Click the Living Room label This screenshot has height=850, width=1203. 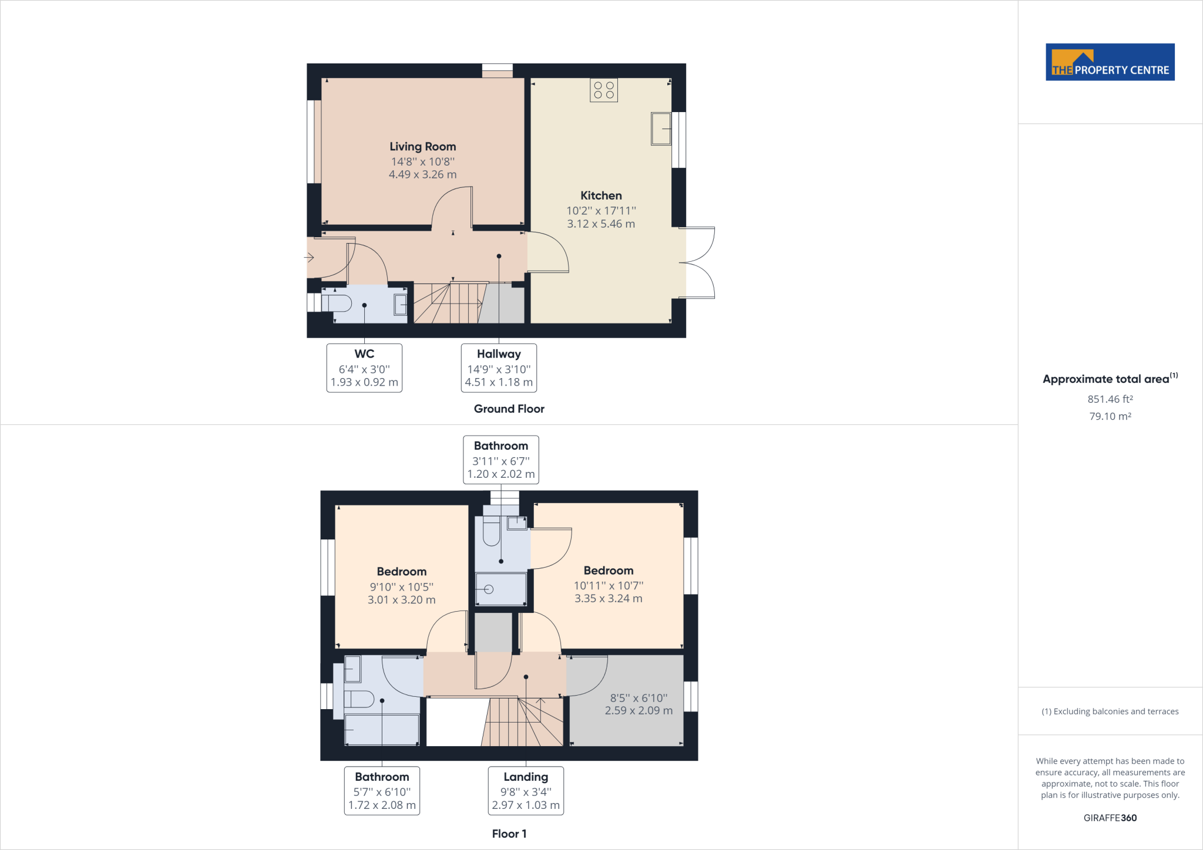click(x=422, y=147)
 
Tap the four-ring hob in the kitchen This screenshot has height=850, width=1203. click(x=604, y=90)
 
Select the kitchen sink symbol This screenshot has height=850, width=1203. click(x=661, y=129)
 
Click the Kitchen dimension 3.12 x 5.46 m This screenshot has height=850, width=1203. click(x=601, y=224)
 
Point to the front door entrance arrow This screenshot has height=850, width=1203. click(x=309, y=257)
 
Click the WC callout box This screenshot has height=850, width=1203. click(x=364, y=368)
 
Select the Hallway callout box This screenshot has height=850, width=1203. click(x=499, y=368)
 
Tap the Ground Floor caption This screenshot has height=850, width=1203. click(x=509, y=409)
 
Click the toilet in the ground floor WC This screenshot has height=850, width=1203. click(x=337, y=303)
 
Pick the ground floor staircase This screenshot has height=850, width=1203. click(x=449, y=303)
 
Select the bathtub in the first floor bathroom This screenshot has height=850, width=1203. click(x=382, y=730)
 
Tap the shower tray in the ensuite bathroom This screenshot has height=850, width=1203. click(x=500, y=589)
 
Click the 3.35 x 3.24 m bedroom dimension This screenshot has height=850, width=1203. click(x=608, y=599)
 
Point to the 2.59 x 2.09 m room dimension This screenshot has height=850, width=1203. click(x=639, y=710)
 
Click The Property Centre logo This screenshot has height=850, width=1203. click(x=1110, y=62)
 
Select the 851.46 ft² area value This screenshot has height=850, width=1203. click(x=1110, y=399)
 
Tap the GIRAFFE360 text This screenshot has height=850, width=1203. click(x=1110, y=818)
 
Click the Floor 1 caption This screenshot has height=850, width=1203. click(x=509, y=834)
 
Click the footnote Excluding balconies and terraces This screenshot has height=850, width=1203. click(x=1110, y=711)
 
